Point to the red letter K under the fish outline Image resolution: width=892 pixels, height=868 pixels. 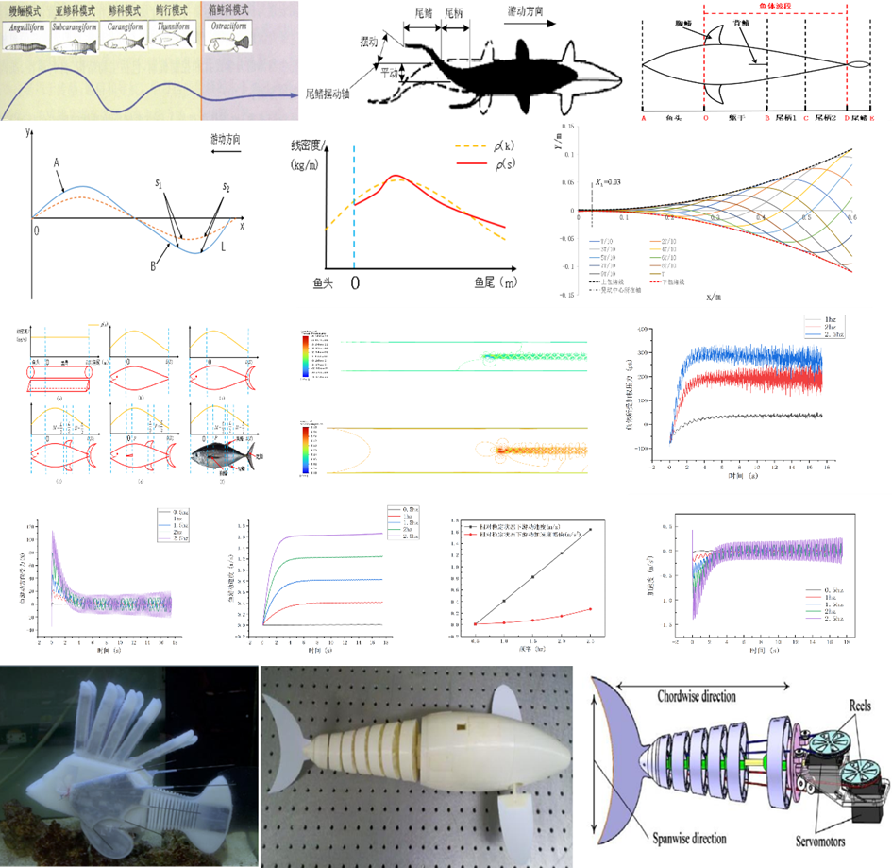click(x=872, y=120)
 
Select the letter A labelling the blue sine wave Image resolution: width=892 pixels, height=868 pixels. click(x=59, y=162)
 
